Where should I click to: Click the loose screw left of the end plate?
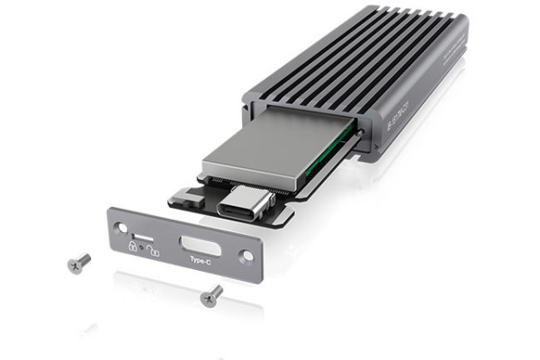79,262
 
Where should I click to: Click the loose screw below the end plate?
212,295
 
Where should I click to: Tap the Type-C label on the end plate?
200,261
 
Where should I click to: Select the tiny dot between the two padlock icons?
145,248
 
